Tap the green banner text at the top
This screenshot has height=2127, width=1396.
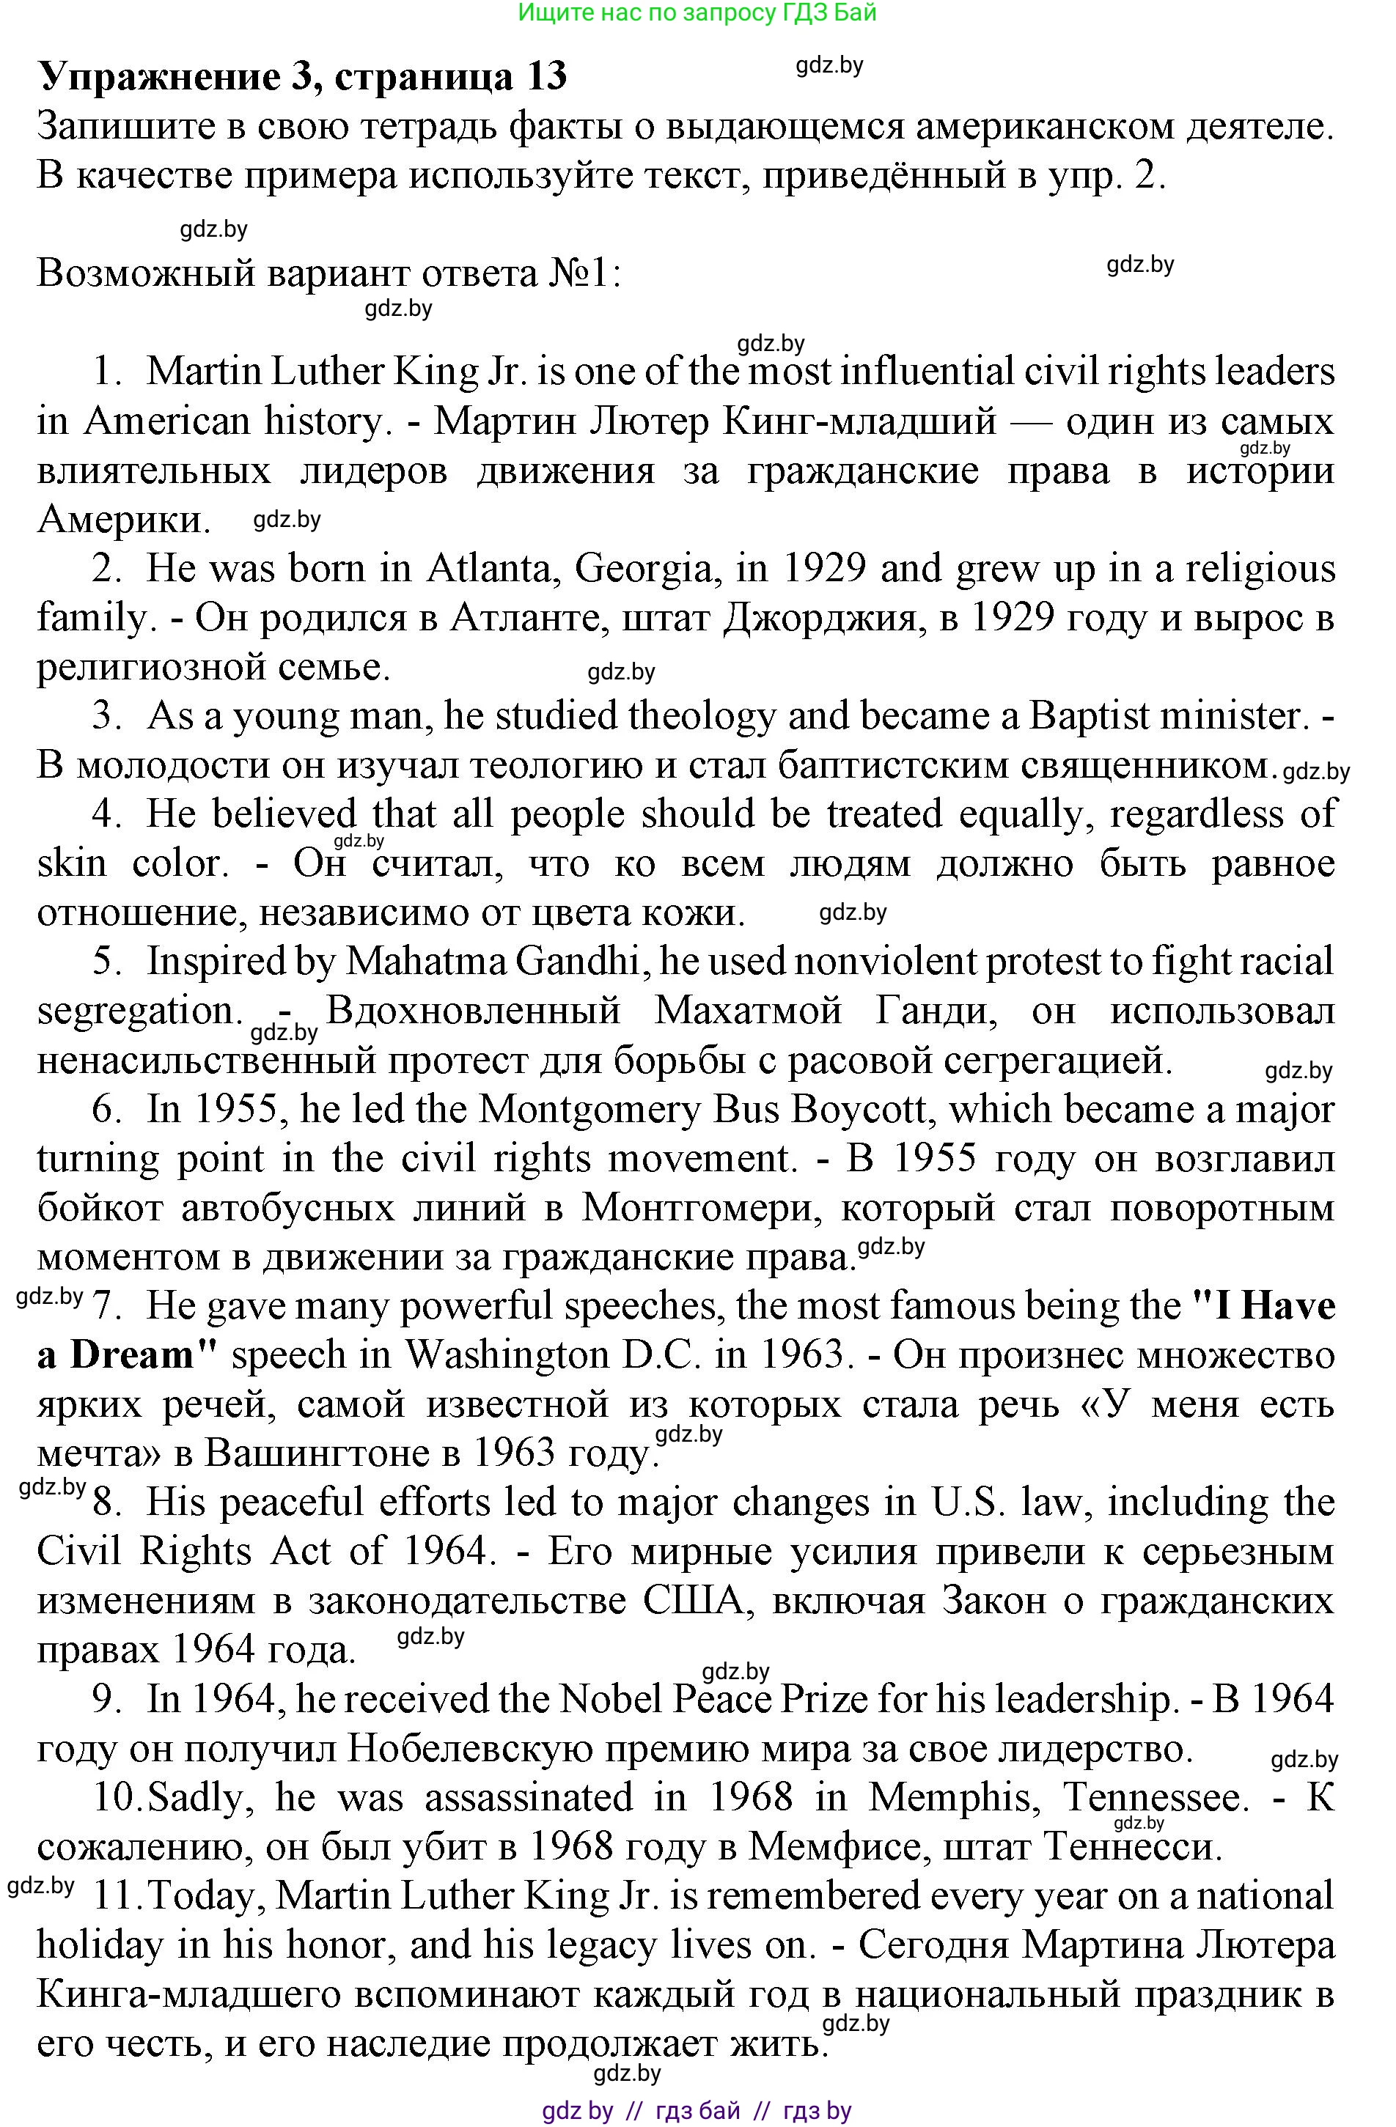click(x=697, y=12)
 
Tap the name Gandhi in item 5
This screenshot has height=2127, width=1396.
click(x=580, y=962)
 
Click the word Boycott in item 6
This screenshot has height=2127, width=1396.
click(x=862, y=1110)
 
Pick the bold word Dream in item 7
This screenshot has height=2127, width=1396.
click(x=132, y=1355)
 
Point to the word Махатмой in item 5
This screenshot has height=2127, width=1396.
click(x=749, y=1011)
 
